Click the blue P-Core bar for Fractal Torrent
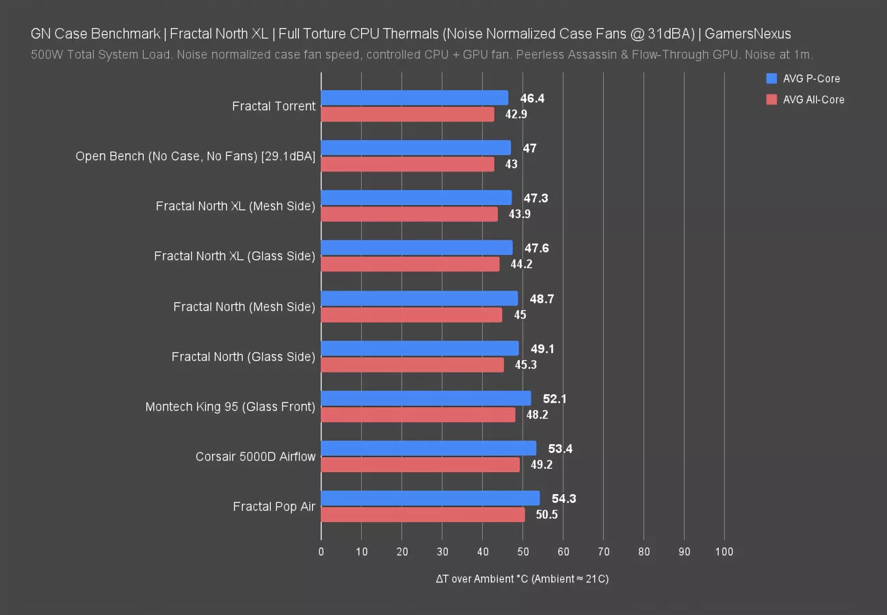coord(414,98)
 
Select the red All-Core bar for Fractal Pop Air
coord(423,515)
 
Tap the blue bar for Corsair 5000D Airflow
coord(428,448)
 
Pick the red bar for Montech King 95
coord(418,415)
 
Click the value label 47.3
coord(535,198)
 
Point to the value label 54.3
coord(564,499)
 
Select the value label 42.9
coord(516,114)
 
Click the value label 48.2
coord(537,415)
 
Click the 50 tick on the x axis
coord(522,552)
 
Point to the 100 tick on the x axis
coord(724,552)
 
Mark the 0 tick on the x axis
coord(321,552)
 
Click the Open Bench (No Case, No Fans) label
coord(196,156)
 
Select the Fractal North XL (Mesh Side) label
coord(235,206)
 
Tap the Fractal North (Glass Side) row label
coord(243,357)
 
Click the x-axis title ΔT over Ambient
coord(522,579)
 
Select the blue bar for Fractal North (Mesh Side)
coord(419,298)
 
